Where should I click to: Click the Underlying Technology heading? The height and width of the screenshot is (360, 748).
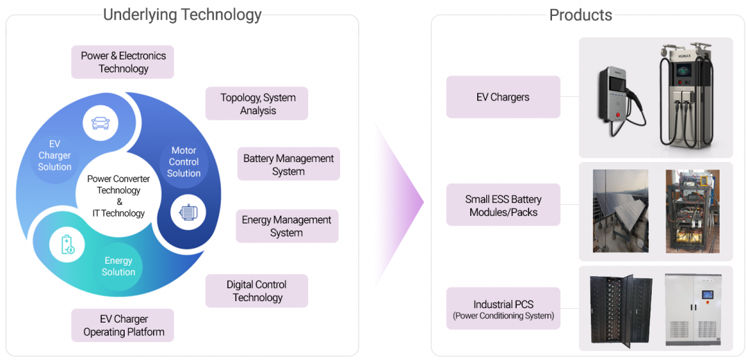coord(182,15)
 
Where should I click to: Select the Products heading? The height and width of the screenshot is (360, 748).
coord(580,15)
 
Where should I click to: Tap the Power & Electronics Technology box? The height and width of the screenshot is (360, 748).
coord(123,62)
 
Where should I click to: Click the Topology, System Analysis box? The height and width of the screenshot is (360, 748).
coord(257,103)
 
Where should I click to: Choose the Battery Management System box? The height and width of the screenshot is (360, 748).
coord(289,164)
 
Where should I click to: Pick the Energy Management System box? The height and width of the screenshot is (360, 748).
coord(287,226)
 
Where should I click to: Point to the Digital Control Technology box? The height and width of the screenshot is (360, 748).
coord(257,291)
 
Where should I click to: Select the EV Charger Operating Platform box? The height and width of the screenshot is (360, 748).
coord(123,325)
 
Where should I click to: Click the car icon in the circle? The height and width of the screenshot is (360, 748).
coord(100,123)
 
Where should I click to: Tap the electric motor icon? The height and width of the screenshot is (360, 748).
coord(188,212)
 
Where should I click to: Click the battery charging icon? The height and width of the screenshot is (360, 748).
coord(66,244)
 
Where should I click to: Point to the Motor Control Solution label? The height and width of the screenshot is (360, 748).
coord(184,161)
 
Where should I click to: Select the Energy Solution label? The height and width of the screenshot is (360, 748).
coord(118,266)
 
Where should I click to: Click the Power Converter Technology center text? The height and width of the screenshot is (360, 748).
coord(118,196)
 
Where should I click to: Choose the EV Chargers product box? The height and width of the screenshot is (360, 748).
coord(504,97)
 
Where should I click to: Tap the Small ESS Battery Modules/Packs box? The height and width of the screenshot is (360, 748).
coord(504,205)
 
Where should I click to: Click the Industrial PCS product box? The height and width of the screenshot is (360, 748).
coord(504,308)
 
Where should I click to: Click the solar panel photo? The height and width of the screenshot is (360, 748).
coord(620,211)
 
